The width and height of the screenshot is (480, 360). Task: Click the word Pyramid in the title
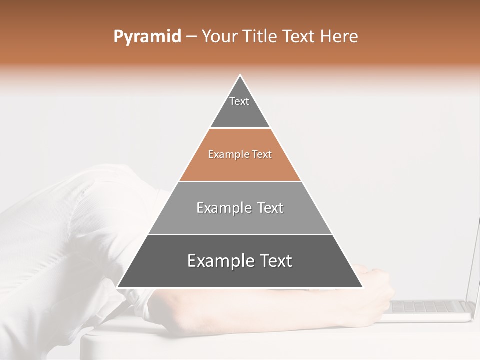(x=147, y=37)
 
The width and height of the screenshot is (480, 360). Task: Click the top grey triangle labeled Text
(x=240, y=107)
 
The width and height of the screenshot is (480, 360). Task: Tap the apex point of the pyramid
(x=240, y=75)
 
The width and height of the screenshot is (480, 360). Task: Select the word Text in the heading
(x=299, y=37)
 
